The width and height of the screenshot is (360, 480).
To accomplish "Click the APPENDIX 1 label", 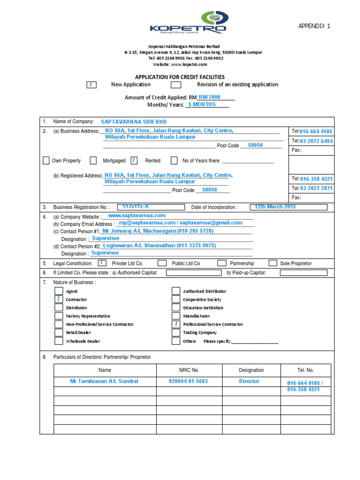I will coord(314,26).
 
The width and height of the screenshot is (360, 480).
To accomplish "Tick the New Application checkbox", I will coord(92,85).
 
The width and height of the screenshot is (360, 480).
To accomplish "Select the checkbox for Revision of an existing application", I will coord(176,85).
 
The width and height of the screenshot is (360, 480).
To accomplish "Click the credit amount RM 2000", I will coord(209,97).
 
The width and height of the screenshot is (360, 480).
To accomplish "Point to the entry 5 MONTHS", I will coord(202,105).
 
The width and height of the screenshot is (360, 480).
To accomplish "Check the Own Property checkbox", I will coord(46,161).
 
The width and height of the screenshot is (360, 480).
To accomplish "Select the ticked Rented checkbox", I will coord(134,161).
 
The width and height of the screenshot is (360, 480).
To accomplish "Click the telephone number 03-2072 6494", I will coord(316,141).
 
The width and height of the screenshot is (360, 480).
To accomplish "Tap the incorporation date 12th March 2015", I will coord(275,207).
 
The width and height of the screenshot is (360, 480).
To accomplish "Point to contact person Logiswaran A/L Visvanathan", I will coord(159,246).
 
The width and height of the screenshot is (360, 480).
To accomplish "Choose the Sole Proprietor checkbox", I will coord(272,263).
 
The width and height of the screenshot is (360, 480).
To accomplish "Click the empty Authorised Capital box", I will coord(194,272).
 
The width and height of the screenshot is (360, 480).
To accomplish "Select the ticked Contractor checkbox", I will coord(59,300).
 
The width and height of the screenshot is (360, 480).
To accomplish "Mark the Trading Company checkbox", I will coord(176,333).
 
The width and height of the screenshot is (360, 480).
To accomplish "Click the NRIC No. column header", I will coord(188,370).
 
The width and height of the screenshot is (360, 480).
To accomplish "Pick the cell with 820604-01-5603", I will coord(188,381).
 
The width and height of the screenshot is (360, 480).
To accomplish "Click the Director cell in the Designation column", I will coord(249,381).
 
